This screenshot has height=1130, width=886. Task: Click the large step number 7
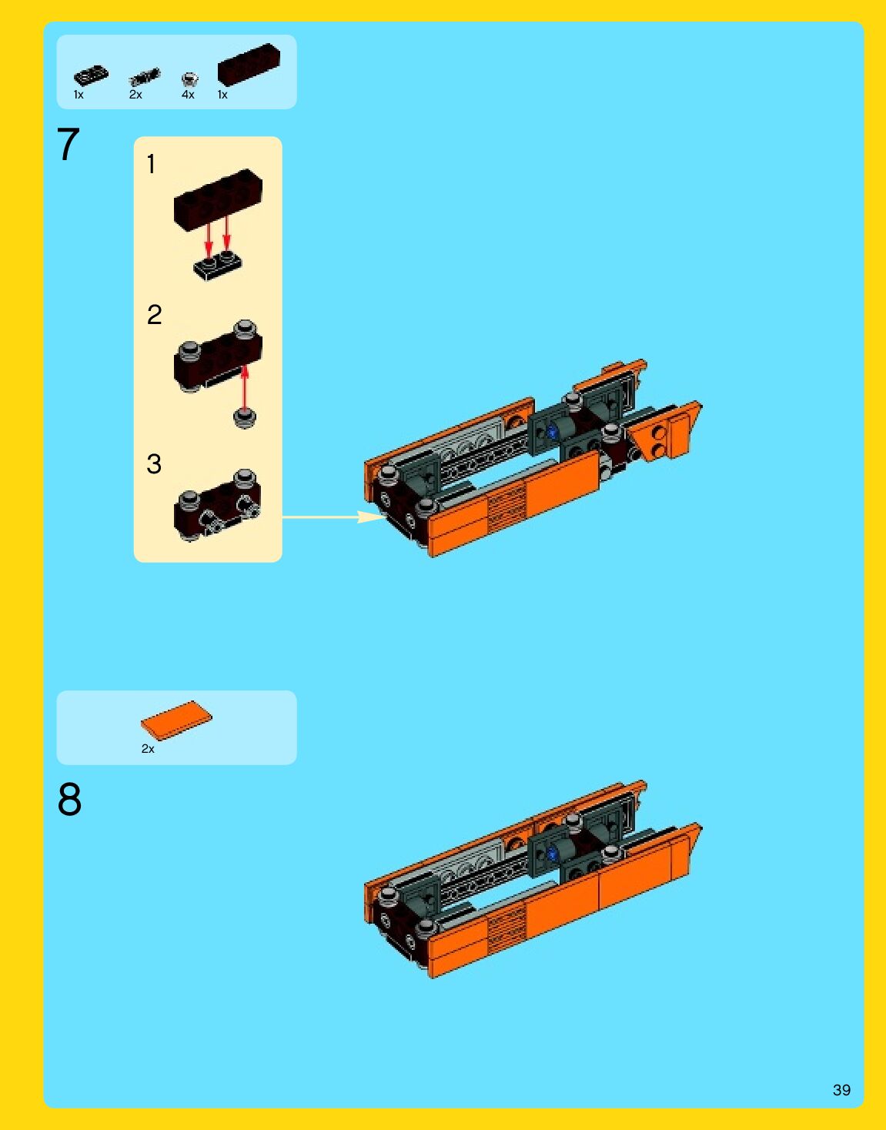click(68, 145)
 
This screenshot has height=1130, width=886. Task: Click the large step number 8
click(69, 799)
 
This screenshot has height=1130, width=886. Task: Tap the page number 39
click(841, 1089)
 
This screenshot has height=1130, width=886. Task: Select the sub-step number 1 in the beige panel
click(151, 164)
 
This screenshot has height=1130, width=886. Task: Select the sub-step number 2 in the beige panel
click(155, 315)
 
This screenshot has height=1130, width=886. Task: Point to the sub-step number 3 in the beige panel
click(154, 464)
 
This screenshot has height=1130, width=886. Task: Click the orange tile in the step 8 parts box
click(176, 719)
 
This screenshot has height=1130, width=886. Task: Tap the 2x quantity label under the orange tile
click(148, 748)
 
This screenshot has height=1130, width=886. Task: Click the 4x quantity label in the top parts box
click(188, 95)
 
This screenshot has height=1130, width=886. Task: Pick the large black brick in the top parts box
click(249, 65)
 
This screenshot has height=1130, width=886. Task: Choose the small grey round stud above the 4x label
click(189, 79)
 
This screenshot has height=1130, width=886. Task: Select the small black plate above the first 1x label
click(91, 75)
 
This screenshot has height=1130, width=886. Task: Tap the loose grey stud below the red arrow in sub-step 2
click(244, 418)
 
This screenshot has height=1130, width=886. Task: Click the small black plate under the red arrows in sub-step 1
click(217, 266)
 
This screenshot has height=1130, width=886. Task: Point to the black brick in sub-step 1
click(218, 200)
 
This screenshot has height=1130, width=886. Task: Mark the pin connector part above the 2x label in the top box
click(145, 77)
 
